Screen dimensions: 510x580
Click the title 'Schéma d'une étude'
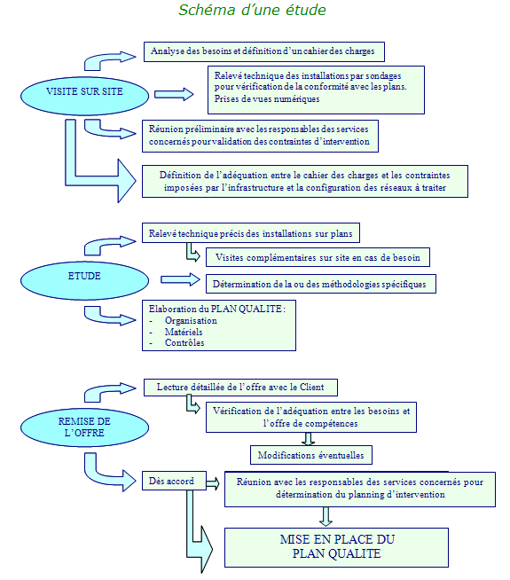point(252,10)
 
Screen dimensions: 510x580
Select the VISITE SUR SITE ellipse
point(84,96)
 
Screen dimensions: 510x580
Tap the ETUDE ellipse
point(84,280)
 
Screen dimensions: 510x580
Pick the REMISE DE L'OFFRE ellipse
point(84,427)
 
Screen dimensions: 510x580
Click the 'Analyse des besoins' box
point(264,51)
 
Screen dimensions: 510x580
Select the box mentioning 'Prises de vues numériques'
point(316,90)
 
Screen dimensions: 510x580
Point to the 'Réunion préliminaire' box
point(261,136)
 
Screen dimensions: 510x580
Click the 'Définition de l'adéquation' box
point(305,181)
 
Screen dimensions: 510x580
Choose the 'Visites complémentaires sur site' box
point(318,257)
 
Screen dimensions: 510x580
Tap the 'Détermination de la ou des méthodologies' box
point(321,284)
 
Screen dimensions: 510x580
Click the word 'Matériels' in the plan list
point(184,332)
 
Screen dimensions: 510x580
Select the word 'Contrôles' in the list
point(184,343)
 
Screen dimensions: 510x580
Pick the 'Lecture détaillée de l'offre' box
point(240,388)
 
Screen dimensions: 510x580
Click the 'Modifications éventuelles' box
point(311,455)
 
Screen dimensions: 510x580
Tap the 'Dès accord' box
point(174,481)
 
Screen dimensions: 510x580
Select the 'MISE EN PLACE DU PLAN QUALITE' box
point(336,547)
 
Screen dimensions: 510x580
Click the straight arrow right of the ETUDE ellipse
point(180,279)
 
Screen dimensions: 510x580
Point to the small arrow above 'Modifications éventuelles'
point(308,439)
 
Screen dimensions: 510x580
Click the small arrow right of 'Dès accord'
point(213,483)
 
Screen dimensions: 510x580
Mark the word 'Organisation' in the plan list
point(191,321)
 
